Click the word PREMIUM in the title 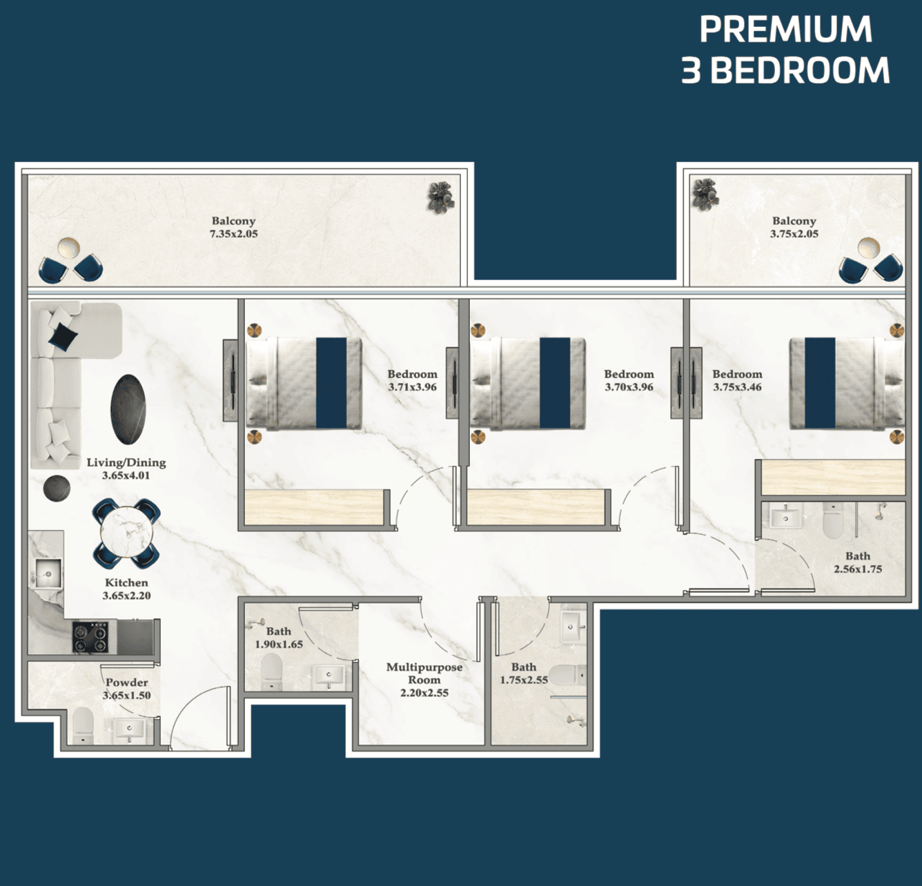(785, 29)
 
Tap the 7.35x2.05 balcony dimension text (233, 234)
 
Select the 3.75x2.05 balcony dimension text (794, 234)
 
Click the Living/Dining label (126, 462)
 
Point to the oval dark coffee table (128, 409)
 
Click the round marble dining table (127, 532)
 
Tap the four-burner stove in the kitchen (90, 638)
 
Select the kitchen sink (48, 574)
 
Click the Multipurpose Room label (424, 673)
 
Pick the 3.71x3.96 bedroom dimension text (412, 387)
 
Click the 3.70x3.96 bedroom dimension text (629, 387)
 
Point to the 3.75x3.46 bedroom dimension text (737, 387)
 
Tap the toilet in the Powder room (84, 725)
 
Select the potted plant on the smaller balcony (705, 194)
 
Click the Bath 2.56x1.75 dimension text (858, 569)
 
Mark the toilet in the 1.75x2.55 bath (567, 675)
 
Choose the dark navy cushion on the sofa (63, 335)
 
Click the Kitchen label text (126, 582)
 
